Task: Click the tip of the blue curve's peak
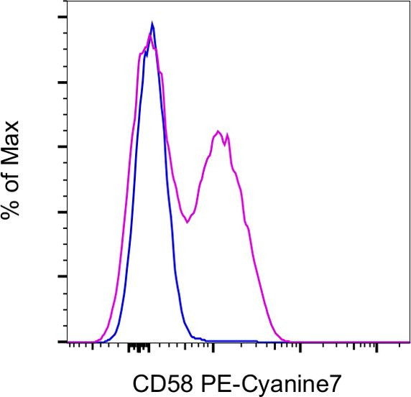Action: click(x=152, y=23)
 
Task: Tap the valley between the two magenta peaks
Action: click(x=187, y=222)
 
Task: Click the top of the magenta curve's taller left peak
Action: click(x=149, y=34)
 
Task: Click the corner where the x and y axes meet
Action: click(x=68, y=342)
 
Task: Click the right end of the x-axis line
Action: click(x=410, y=342)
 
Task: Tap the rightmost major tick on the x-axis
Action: click(x=377, y=347)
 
